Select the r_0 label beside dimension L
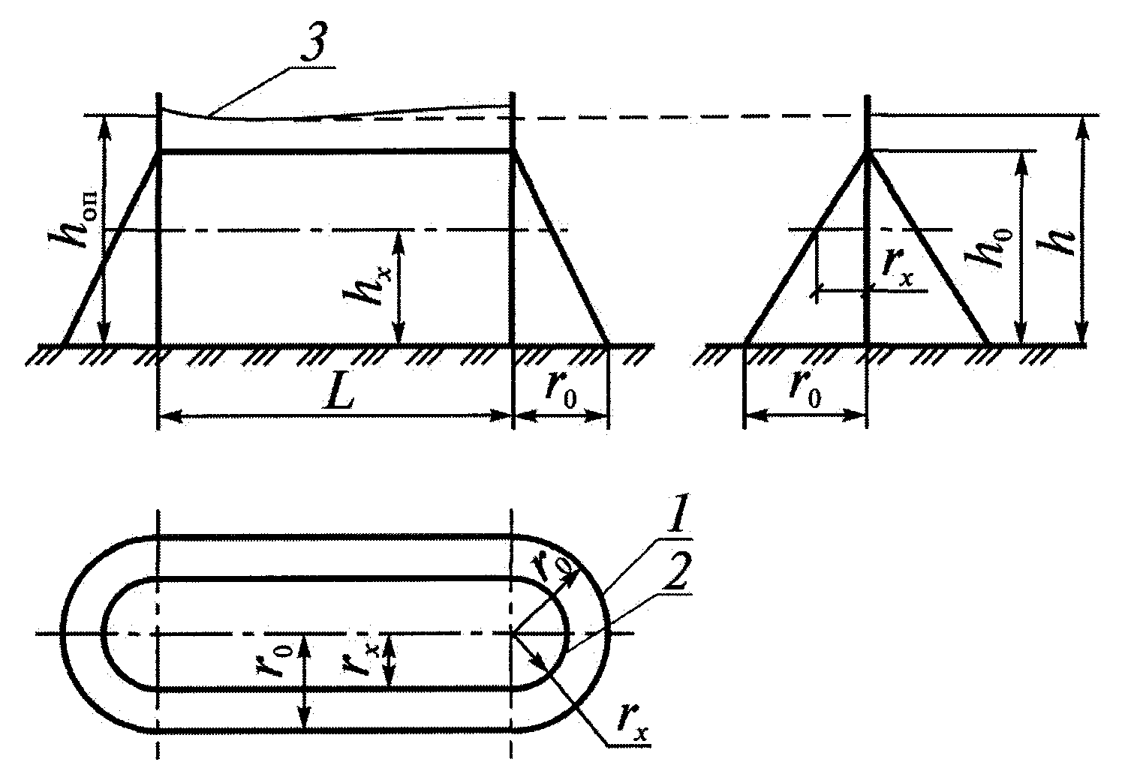561,391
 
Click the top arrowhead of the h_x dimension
399,240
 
